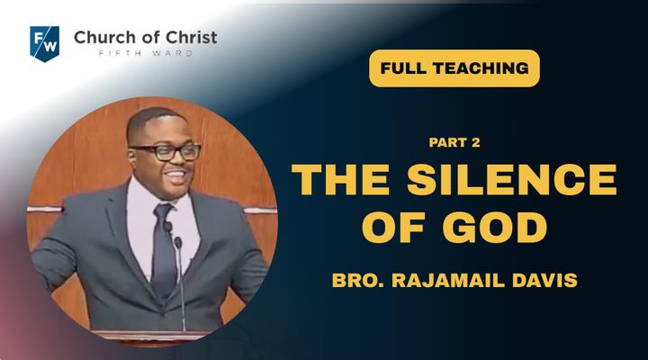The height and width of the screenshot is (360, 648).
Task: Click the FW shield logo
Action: [x=45, y=44]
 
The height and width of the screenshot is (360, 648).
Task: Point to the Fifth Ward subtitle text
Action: [x=146, y=53]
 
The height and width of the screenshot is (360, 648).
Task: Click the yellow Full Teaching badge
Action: [x=454, y=68]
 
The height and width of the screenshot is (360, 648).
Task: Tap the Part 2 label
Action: [x=454, y=142]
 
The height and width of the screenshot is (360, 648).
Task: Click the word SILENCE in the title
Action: [x=511, y=179]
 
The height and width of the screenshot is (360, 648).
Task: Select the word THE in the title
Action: [x=340, y=179]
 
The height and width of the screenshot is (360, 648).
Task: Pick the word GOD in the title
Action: [x=495, y=228]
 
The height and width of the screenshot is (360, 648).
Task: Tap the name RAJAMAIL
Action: [x=448, y=280]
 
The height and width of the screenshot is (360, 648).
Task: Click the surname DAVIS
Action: [x=544, y=280]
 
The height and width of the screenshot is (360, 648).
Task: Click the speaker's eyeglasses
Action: [x=166, y=152]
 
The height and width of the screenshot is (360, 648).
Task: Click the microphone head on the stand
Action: [x=178, y=242]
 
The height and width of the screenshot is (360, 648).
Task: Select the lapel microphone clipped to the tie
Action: [x=167, y=227]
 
